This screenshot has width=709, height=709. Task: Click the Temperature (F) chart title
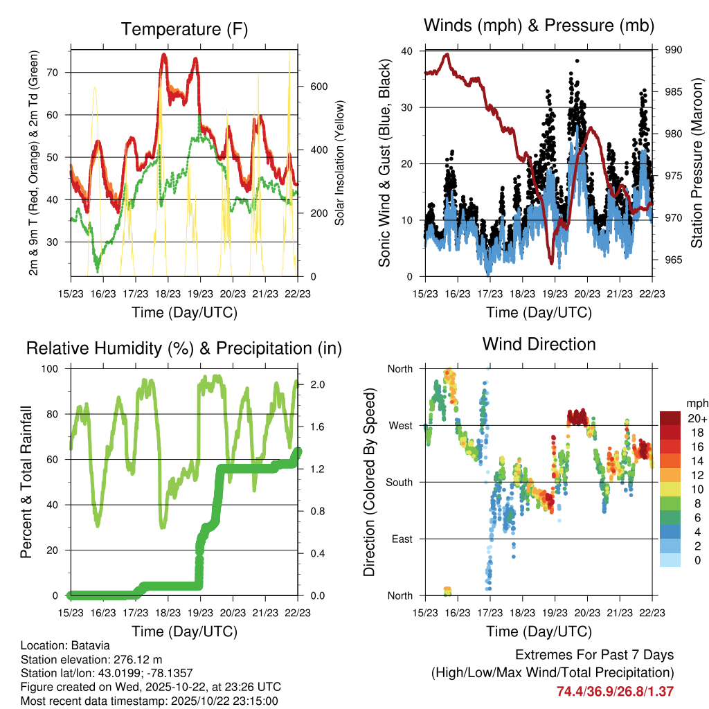click(183, 29)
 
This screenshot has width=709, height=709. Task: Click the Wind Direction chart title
click(539, 343)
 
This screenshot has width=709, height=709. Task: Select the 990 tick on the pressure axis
click(674, 50)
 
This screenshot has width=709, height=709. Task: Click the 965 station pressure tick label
click(674, 260)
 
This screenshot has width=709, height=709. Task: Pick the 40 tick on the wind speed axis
click(406, 51)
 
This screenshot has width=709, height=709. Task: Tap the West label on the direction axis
click(400, 425)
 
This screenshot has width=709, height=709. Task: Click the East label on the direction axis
click(402, 539)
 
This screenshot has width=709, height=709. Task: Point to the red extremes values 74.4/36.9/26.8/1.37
click(614, 691)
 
